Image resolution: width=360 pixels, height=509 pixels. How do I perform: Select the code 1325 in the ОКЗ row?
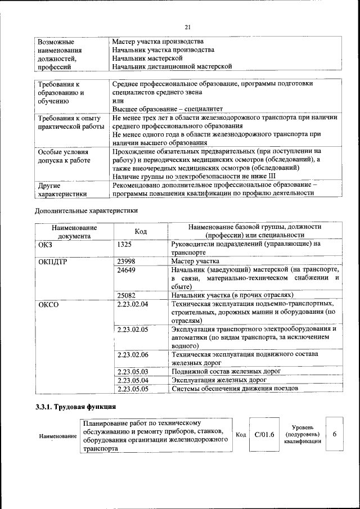pyautogui.click(x=126, y=245)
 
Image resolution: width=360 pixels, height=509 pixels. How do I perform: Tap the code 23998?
pyautogui.click(x=128, y=262)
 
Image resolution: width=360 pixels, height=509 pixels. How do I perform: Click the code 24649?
pyautogui.click(x=128, y=271)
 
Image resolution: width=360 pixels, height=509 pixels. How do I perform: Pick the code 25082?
pyautogui.click(x=128, y=295)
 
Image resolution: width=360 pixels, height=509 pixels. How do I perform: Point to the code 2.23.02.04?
pyautogui.click(x=133, y=304)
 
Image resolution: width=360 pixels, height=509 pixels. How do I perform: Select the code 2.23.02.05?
pyautogui.click(x=133, y=329)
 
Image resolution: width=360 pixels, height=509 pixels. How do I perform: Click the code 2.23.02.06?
pyautogui.click(x=133, y=354)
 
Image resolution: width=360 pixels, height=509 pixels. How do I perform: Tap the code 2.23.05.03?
pyautogui.click(x=133, y=372)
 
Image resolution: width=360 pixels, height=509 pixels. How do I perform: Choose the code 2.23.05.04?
pyautogui.click(x=133, y=380)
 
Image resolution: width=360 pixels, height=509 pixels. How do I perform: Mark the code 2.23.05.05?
pyautogui.click(x=133, y=389)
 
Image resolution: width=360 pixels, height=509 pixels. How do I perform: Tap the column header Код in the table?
pyautogui.click(x=141, y=232)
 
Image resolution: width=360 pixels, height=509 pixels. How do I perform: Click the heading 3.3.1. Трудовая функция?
pyautogui.click(x=76, y=407)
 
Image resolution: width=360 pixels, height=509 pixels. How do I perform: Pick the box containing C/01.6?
pyautogui.click(x=264, y=435)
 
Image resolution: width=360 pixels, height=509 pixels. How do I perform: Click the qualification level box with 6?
pyautogui.click(x=335, y=434)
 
